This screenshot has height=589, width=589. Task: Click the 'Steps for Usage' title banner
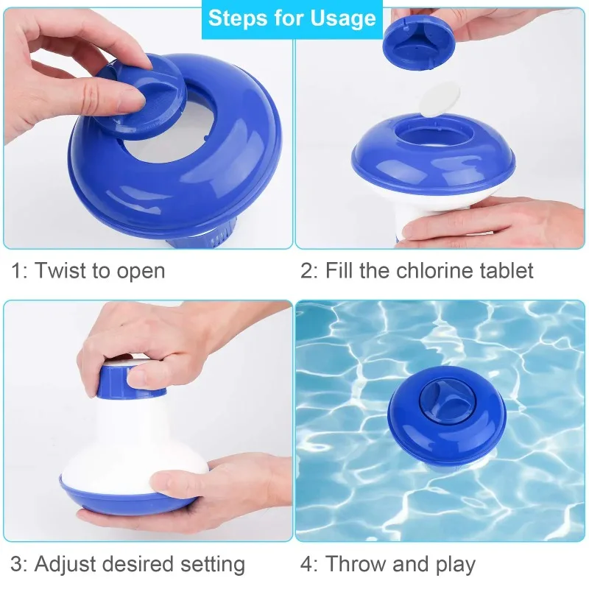click(292, 18)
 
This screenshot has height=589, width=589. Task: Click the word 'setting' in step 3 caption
click(211, 565)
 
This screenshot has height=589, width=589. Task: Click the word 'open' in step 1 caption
click(141, 271)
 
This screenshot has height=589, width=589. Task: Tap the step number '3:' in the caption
click(20, 565)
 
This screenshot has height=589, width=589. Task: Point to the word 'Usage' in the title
click(342, 18)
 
